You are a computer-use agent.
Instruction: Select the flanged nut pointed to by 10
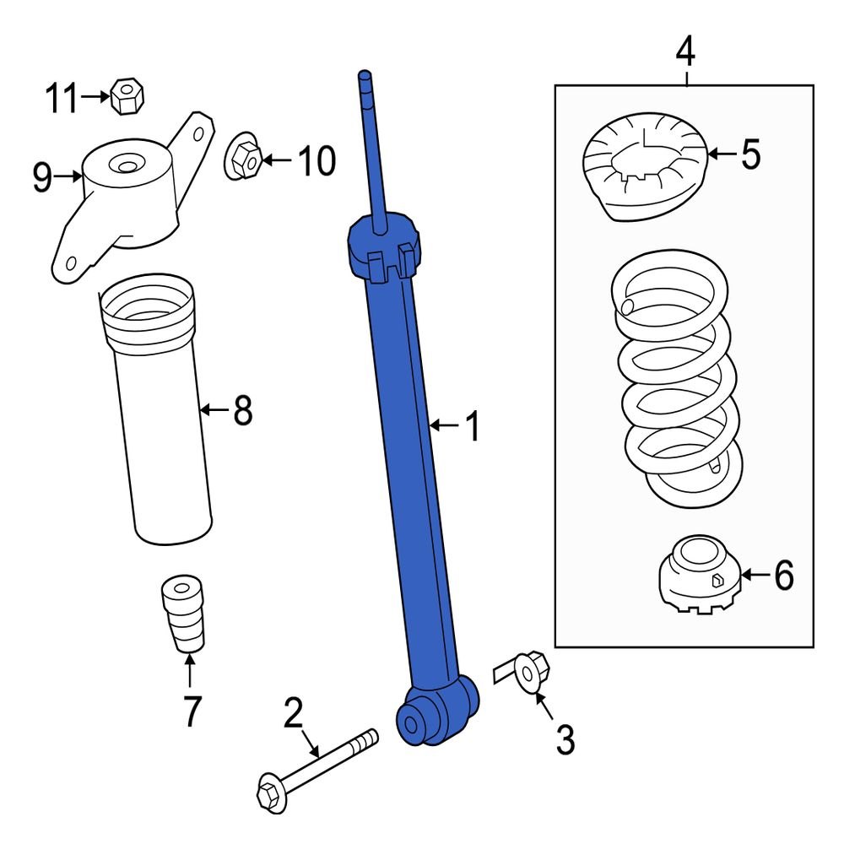[244, 158]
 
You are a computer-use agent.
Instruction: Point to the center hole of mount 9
[127, 166]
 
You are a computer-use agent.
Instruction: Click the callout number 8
[242, 411]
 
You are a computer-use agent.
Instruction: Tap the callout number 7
[192, 712]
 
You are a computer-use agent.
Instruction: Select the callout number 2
[293, 715]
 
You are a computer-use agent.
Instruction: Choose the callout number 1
[473, 427]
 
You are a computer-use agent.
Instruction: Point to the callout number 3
[565, 740]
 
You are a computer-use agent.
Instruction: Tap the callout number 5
[750, 154]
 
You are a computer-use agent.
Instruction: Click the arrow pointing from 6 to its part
[756, 576]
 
